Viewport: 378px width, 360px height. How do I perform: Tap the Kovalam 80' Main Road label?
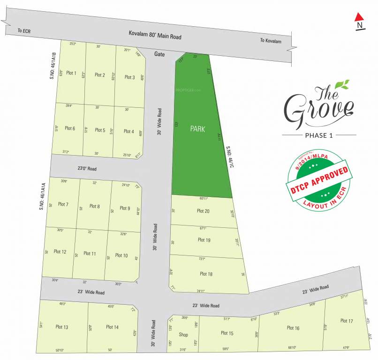coord(155,35)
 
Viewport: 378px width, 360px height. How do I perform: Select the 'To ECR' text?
coord(23,30)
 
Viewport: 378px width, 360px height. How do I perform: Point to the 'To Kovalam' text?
coord(272,40)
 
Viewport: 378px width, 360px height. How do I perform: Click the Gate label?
coord(159,54)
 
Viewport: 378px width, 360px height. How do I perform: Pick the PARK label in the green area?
coord(197,129)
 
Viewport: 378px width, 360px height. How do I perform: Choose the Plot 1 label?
coord(71,73)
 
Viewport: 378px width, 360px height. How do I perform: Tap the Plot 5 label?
coord(100,130)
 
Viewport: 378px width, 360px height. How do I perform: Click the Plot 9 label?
coord(124,208)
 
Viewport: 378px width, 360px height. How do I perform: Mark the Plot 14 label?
coord(112,327)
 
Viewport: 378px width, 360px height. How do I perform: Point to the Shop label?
coord(183,335)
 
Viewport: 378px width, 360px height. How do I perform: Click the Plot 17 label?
coord(347,321)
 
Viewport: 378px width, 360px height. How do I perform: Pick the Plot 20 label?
coord(204,211)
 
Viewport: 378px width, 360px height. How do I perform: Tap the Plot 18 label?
coord(206,274)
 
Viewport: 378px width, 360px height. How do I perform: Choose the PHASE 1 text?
coord(318,135)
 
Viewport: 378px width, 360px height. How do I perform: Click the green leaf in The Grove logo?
coord(345,85)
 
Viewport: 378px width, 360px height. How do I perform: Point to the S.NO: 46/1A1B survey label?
coord(53,65)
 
